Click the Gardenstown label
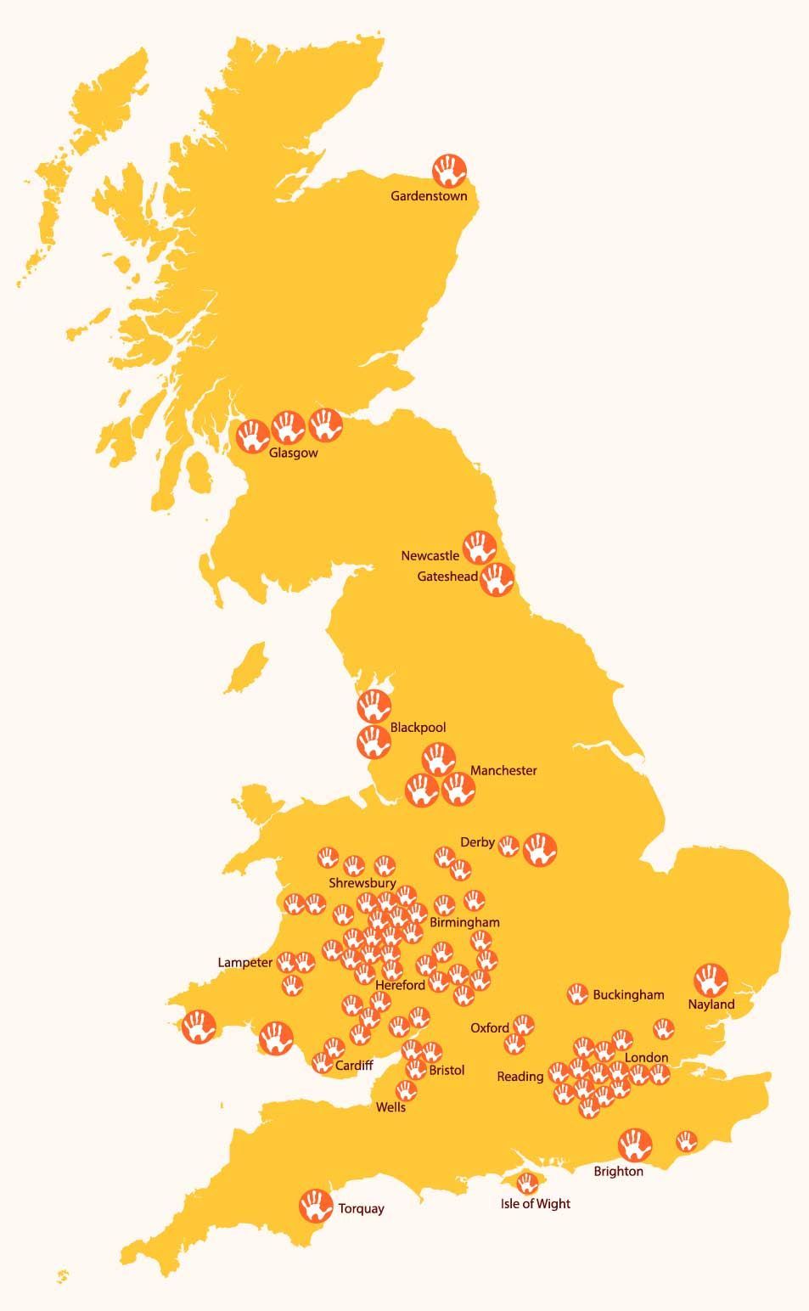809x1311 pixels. [429, 196]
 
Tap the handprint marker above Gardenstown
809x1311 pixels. [449, 171]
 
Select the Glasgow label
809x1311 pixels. [293, 453]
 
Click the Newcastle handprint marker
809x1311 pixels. [480, 548]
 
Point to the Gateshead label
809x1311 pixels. [447, 577]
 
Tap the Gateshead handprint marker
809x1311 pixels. [497, 579]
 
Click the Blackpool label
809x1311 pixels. [418, 728]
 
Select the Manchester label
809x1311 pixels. [503, 771]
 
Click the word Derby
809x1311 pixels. [477, 842]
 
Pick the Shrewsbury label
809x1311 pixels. [362, 883]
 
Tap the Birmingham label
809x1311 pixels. [464, 922]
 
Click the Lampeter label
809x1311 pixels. [245, 963]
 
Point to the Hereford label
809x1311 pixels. [400, 985]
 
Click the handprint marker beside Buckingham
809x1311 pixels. [577, 993]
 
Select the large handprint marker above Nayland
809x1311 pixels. [711, 980]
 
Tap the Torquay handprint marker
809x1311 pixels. [316, 1205]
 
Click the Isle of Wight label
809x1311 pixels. [536, 1204]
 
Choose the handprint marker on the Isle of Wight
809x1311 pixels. [528, 1182]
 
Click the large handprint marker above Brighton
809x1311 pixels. [635, 1145]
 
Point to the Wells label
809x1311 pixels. [390, 1107]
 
